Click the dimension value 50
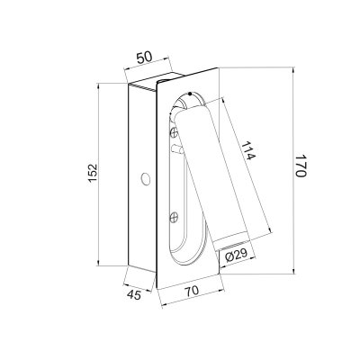tap(144, 58)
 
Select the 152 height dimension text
tap(93, 173)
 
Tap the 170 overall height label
tap(301, 166)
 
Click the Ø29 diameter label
tap(237, 256)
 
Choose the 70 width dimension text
tap(192, 291)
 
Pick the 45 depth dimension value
tap(134, 295)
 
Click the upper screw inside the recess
tap(174, 131)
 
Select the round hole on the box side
tap(146, 178)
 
